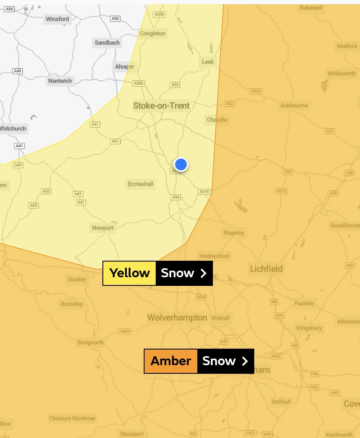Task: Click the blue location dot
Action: tap(181, 164)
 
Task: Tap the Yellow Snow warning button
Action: tap(158, 273)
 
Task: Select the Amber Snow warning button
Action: tap(199, 361)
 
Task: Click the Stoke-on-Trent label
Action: tap(161, 106)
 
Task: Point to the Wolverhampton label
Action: tap(177, 318)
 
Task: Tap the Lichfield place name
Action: tap(266, 269)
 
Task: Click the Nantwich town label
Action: tap(60, 81)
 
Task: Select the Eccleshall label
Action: tap(140, 184)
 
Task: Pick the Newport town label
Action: tap(103, 228)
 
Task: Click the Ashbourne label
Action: tap(294, 106)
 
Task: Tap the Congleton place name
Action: tap(152, 33)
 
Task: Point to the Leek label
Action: tap(208, 62)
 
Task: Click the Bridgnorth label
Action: tap(90, 343)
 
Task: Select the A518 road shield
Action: tap(204, 192)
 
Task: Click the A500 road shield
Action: tap(139, 83)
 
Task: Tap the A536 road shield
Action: tap(159, 14)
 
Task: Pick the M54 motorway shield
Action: tap(201, 297)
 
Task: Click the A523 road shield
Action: tap(255, 91)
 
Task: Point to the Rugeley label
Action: tap(234, 233)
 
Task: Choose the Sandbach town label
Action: tap(107, 43)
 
